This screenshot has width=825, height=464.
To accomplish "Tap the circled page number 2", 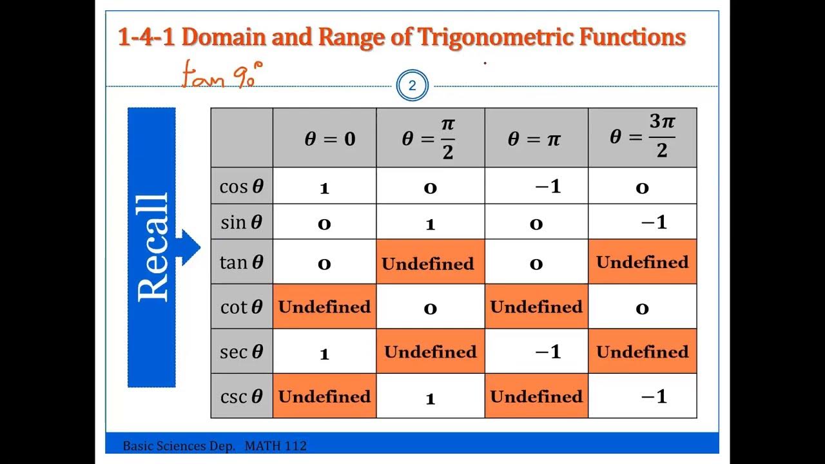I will coord(412,86).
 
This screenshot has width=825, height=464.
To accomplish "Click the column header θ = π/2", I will coord(430,138).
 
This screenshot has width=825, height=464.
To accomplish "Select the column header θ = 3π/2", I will coord(642,137).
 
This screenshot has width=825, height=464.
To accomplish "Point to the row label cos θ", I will coord(242,187).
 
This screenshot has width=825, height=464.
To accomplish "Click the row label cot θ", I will coord(242,307).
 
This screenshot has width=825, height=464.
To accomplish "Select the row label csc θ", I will coord(242,396).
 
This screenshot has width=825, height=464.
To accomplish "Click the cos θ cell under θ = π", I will coord(547,187).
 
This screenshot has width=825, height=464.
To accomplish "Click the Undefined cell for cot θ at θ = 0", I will coord(324,307).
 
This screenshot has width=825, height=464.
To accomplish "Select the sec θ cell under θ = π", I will coord(547,351).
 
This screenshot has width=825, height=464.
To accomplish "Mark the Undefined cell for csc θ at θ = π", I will coord(536,396).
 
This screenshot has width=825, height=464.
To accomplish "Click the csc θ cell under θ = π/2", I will coord(430,398).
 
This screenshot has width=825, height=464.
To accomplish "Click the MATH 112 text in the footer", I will coord(275,446).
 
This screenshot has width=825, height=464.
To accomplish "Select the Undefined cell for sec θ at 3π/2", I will coord(642,352).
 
